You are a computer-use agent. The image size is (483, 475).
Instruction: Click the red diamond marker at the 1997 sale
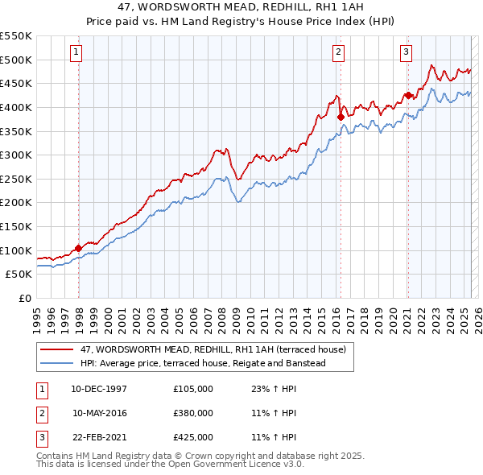pos(78,248)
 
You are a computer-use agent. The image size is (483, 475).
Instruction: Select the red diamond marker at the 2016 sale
pos(341,117)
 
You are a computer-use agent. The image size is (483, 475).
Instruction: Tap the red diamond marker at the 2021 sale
pos(408,95)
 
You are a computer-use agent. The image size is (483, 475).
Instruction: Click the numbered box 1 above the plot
pos(76,52)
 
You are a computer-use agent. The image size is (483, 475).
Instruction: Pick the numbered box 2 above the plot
pos(338,52)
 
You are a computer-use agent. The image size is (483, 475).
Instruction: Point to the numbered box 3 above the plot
pos(407,52)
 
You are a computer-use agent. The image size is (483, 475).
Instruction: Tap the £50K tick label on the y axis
pos(19,274)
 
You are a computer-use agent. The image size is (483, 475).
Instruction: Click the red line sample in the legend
pos(58,350)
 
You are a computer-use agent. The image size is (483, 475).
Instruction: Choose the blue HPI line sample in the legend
pos(58,364)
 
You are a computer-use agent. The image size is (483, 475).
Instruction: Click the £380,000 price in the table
pos(193,413)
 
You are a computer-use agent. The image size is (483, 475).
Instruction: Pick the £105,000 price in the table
pos(193,389)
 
